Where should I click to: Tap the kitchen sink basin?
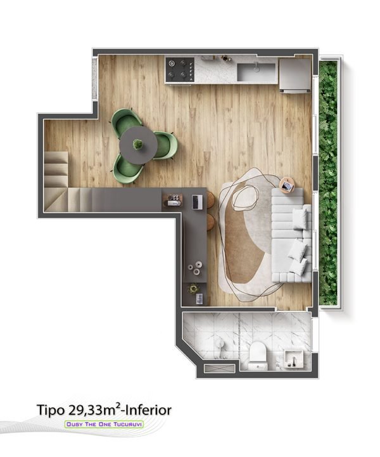[x=256, y=72]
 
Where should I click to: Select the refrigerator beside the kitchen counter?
[x=294, y=75]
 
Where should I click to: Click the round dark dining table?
[x=139, y=145]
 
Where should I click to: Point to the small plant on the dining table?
[x=137, y=144]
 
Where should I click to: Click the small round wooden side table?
[x=288, y=185]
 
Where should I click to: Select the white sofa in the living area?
[x=291, y=235]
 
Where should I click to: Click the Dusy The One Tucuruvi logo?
[x=104, y=425]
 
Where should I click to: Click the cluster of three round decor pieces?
[x=195, y=268]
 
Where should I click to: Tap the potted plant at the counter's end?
[x=193, y=289]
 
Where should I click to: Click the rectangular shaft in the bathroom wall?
[x=219, y=368]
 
